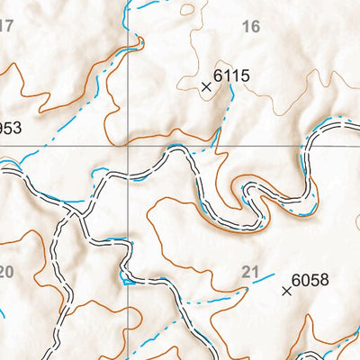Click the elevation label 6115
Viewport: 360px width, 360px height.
(231, 77)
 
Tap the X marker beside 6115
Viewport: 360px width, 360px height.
(206, 86)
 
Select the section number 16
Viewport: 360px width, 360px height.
(251, 28)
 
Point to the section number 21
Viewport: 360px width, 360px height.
(251, 271)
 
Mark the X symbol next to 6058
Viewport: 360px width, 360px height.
(287, 291)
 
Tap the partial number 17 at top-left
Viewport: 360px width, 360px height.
(6, 24)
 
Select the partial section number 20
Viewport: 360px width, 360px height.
(6, 272)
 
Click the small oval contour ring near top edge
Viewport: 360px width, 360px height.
(187, 10)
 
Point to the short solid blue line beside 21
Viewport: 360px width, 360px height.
(263, 281)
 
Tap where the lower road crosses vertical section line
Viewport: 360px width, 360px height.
(128, 271)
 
